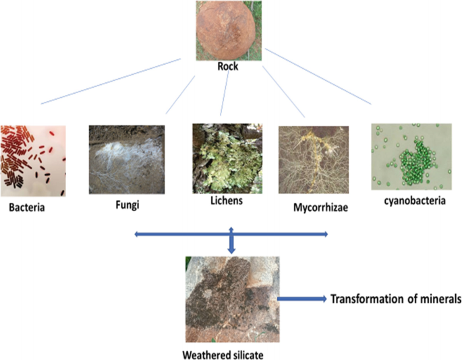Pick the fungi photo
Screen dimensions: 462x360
coord(127,159)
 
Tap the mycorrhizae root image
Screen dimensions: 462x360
coord(313,159)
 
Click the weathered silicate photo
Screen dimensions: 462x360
coord(231,297)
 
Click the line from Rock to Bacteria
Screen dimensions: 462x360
coord(111,82)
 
